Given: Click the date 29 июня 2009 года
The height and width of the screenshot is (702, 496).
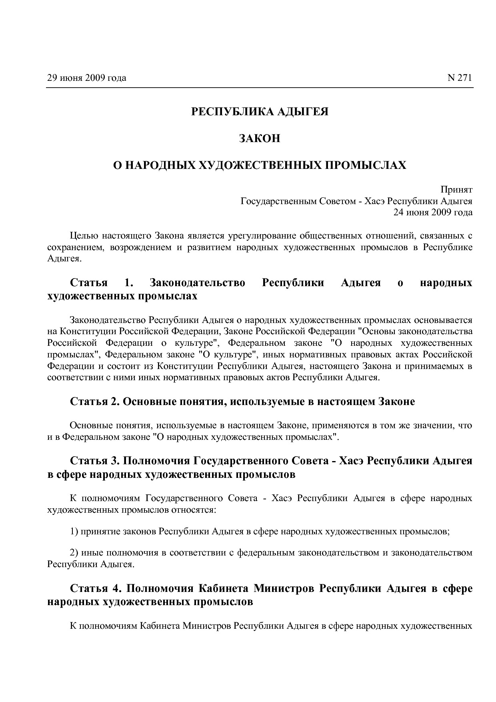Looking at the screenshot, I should pos(86,78).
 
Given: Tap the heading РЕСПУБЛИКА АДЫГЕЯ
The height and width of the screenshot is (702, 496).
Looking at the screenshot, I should pos(260,111).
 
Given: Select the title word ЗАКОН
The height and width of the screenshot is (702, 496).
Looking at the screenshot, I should pos(260,138).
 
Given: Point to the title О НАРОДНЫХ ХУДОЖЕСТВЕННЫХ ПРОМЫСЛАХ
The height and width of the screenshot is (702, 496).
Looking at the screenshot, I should pos(260,165).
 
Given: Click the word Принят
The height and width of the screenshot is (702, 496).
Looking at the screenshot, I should pos(456,189).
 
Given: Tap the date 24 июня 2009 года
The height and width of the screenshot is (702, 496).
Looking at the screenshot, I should pos(433,212).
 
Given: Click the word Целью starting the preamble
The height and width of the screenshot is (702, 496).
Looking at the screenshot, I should pos(83,236).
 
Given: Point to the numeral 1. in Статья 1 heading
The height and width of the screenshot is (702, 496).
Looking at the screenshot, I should pos(128,283).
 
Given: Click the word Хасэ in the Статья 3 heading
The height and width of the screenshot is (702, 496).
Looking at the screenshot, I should pos(351,461).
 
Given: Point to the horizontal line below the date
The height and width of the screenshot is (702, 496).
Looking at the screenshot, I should pos(260,88).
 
